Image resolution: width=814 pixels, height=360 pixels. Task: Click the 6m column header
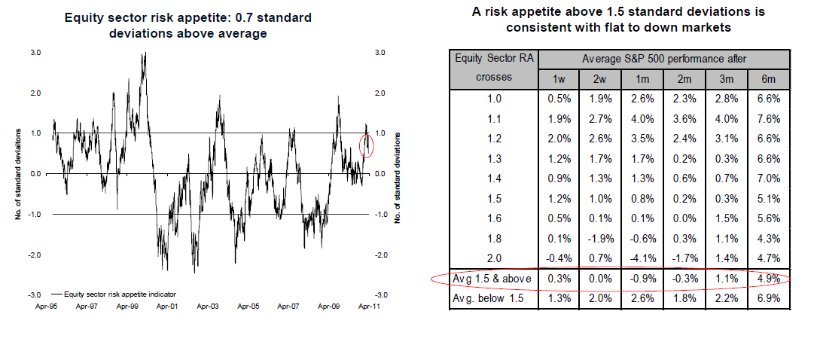[x=769, y=79]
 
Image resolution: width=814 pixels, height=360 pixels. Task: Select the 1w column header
[x=559, y=79]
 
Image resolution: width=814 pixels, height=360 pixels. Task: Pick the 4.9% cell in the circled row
[x=769, y=279]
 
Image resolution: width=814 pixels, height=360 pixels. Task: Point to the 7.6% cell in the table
[x=769, y=118]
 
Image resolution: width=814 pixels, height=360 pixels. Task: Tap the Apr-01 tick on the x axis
[x=166, y=307]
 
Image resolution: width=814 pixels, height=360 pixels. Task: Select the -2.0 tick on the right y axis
[x=380, y=255]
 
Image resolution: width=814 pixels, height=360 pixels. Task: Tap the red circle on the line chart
[x=367, y=146]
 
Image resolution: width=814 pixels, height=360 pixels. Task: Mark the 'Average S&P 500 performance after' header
[x=664, y=59]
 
